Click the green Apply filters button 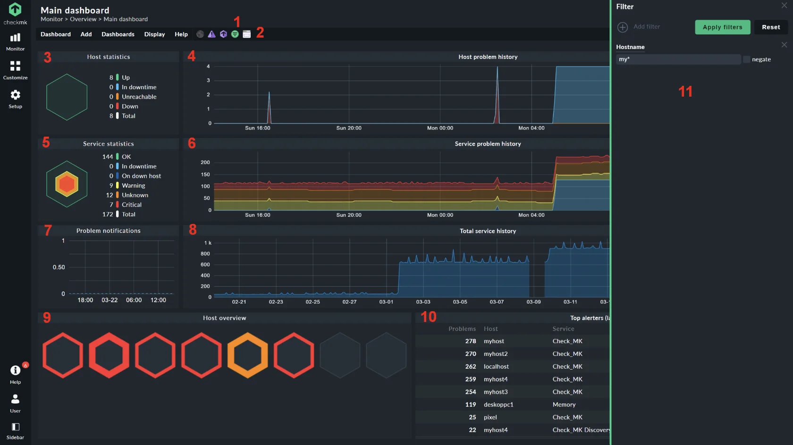pyautogui.click(x=722, y=27)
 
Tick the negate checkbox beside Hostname pyautogui.click(x=746, y=59)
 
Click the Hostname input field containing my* pyautogui.click(x=678, y=59)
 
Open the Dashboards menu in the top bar pyautogui.click(x=118, y=34)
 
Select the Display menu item pyautogui.click(x=154, y=34)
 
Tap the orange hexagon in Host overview pyautogui.click(x=247, y=355)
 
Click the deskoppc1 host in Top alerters pyautogui.click(x=498, y=404)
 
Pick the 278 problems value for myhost pyautogui.click(x=470, y=341)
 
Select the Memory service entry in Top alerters pyautogui.click(x=564, y=404)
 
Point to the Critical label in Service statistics pyautogui.click(x=131, y=205)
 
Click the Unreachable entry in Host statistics pyautogui.click(x=139, y=97)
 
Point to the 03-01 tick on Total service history pyautogui.click(x=386, y=302)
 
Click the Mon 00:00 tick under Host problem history pyautogui.click(x=440, y=128)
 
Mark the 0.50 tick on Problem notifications pyautogui.click(x=59, y=267)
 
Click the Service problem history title pyautogui.click(x=488, y=144)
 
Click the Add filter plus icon pyautogui.click(x=623, y=27)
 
